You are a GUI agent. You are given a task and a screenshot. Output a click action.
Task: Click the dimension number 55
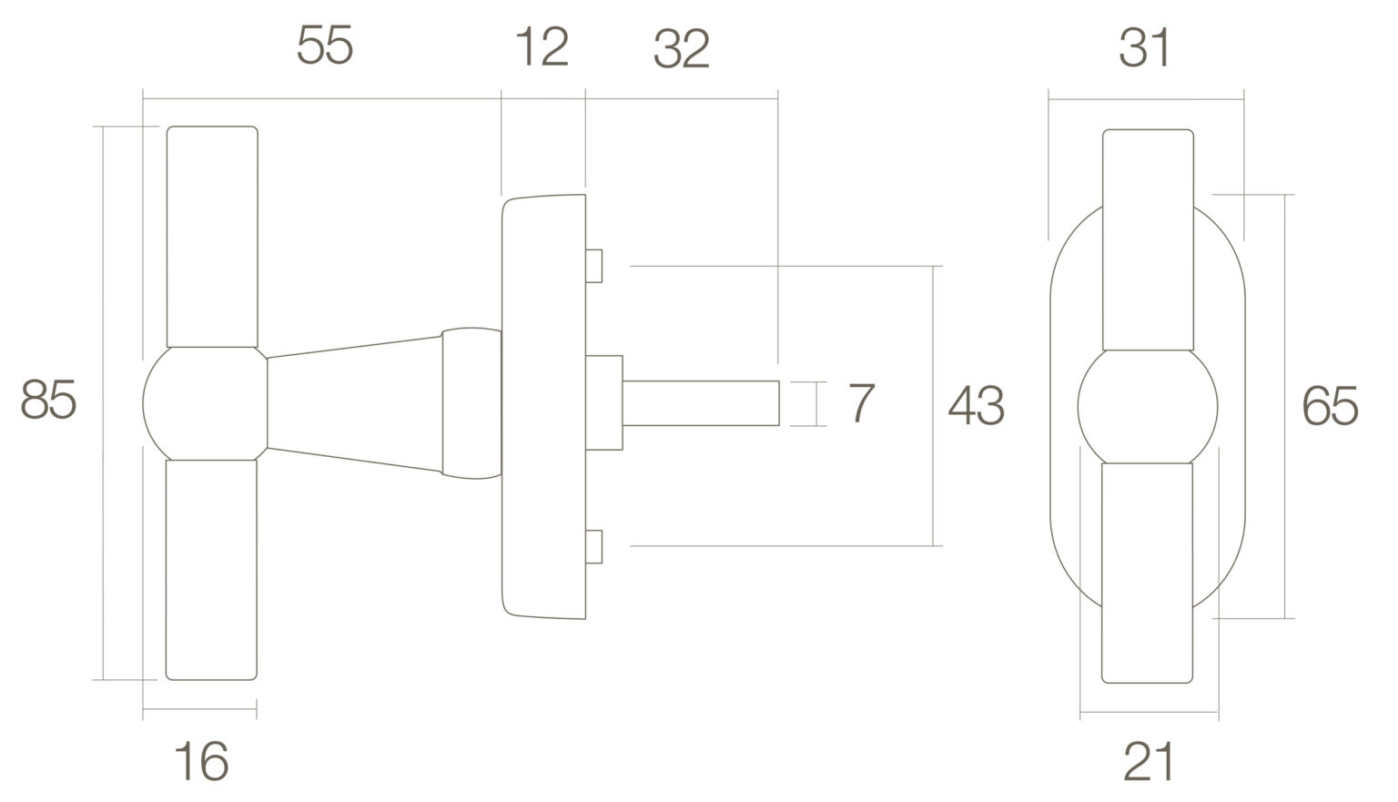325,45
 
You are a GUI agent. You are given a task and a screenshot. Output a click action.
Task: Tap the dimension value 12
542,46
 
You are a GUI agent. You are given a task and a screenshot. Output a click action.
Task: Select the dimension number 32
682,48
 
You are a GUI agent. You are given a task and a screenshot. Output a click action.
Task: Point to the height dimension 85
48,400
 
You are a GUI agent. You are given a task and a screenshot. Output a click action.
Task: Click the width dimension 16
201,760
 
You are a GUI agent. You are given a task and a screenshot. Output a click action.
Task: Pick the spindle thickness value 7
862,403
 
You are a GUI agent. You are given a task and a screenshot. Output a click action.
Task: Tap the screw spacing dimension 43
976,406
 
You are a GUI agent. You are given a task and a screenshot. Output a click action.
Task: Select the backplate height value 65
1330,406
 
